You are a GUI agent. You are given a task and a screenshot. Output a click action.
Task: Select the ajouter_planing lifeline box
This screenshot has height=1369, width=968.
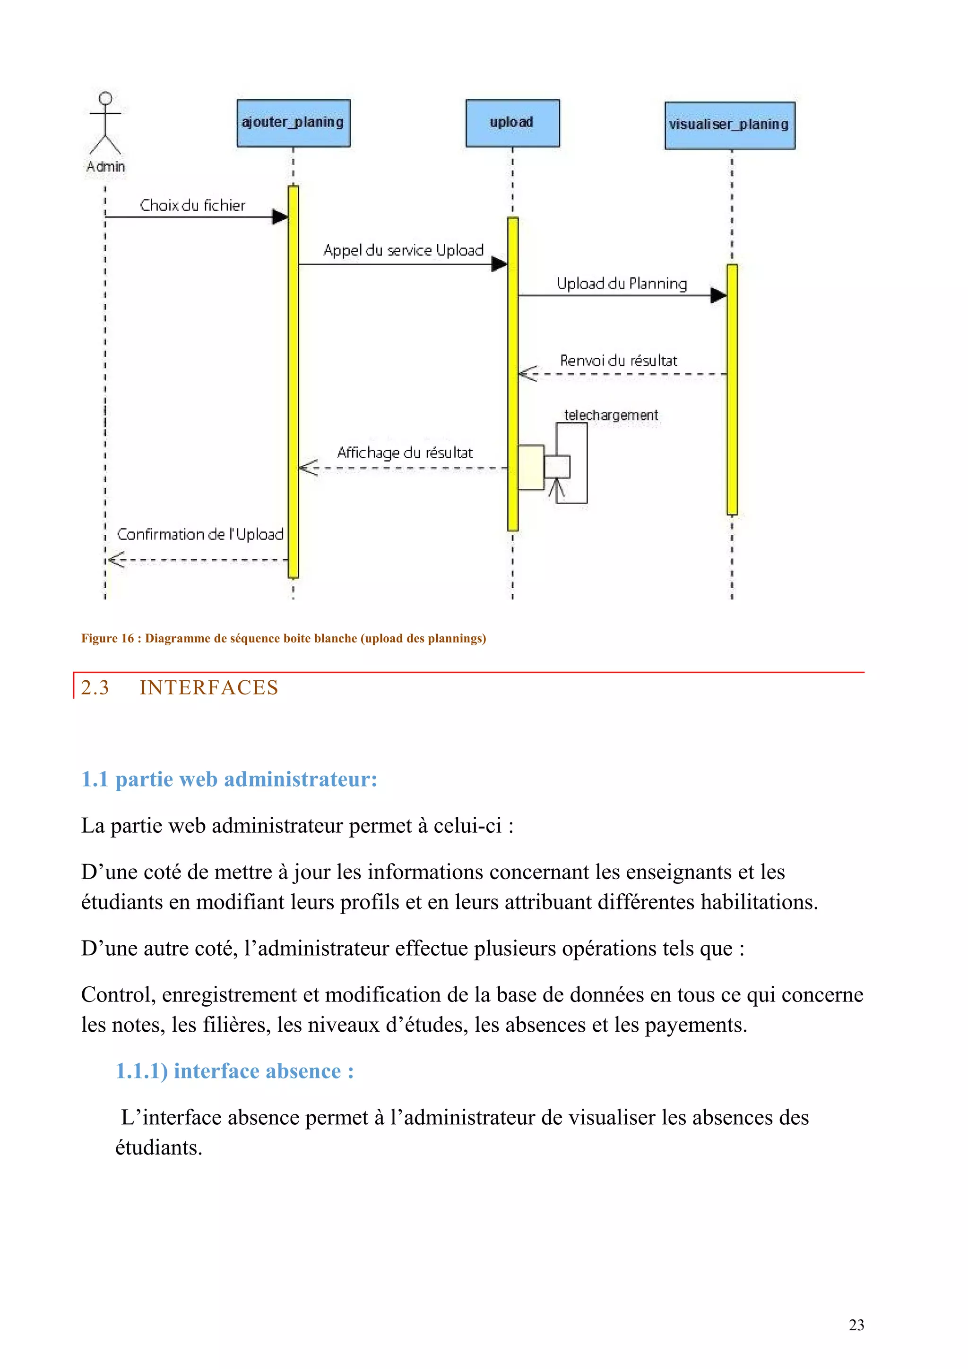[x=293, y=123]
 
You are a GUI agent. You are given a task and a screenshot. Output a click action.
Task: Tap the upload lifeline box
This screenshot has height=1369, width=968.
[x=512, y=123]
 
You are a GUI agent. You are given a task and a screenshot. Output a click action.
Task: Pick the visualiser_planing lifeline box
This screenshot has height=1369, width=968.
[x=729, y=125]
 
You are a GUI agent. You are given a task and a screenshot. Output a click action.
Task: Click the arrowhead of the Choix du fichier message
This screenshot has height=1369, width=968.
[x=280, y=217]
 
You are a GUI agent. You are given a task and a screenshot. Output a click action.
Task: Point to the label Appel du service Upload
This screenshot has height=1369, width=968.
[x=403, y=250]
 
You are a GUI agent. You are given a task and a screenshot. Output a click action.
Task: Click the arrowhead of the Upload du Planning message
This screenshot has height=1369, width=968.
[x=718, y=295]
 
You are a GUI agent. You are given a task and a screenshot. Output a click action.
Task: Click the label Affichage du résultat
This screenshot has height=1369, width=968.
[x=405, y=453]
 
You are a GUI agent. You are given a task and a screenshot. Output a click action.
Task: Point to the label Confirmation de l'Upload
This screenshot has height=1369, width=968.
[x=200, y=534]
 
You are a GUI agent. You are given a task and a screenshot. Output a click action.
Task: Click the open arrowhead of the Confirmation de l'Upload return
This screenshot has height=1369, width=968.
[x=116, y=560]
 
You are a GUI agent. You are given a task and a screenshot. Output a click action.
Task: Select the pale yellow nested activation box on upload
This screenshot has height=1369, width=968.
[x=530, y=468]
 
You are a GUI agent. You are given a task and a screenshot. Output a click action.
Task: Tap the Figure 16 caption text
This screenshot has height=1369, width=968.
[x=283, y=639]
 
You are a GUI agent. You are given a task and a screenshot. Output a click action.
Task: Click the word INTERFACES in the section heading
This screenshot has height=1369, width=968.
[x=209, y=687]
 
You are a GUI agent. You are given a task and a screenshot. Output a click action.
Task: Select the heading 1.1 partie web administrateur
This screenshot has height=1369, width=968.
[x=229, y=779]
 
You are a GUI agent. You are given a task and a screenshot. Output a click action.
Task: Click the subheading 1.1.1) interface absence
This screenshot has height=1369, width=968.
[x=234, y=1071]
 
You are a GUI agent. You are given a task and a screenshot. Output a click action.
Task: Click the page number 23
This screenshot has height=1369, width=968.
[x=856, y=1325]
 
